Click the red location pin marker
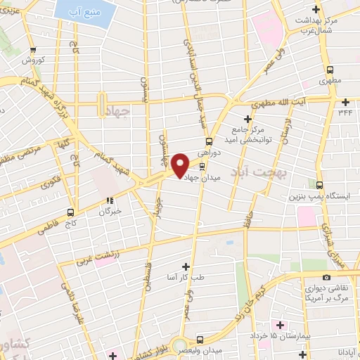[180, 166]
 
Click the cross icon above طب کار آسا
[186, 266]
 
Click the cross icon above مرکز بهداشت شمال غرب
[316, 9]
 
